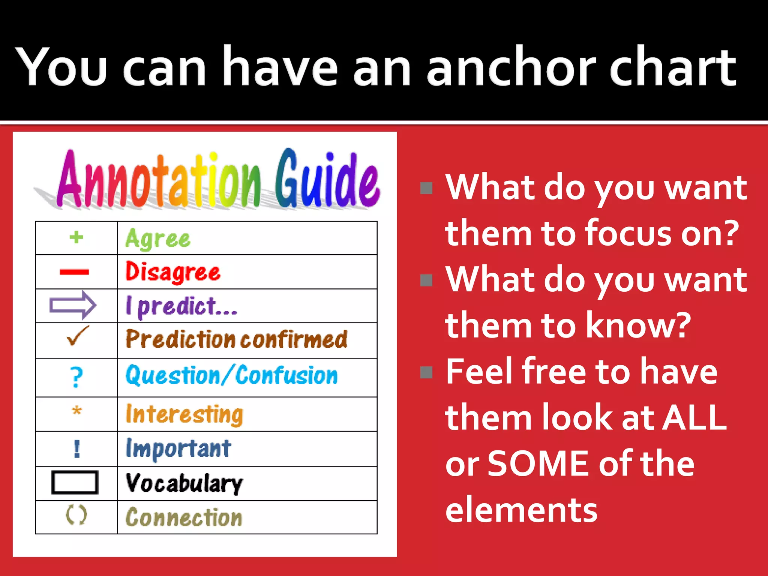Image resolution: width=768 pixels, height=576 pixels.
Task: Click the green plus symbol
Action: (x=76, y=237)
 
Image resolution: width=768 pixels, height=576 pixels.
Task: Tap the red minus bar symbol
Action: (x=74, y=272)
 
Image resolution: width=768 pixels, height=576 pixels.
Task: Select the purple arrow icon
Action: (x=73, y=305)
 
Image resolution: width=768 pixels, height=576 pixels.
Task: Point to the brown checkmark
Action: (x=78, y=336)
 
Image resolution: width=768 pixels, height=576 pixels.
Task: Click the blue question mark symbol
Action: (x=76, y=377)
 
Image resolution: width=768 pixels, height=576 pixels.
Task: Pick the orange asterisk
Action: (x=76, y=411)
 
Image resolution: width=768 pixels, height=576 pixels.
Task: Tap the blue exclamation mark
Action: (x=77, y=448)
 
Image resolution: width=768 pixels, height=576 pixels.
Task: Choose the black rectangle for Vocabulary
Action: (x=75, y=483)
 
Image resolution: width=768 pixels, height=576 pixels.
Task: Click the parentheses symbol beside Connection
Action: (x=76, y=515)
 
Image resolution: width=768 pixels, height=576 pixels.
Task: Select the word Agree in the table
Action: (x=158, y=238)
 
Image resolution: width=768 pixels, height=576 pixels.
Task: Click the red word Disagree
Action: (x=173, y=272)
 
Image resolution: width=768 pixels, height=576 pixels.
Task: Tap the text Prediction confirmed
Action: (x=236, y=339)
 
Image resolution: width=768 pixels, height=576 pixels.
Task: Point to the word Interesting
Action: (x=184, y=414)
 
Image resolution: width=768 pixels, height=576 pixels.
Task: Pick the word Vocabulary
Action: (x=184, y=483)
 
